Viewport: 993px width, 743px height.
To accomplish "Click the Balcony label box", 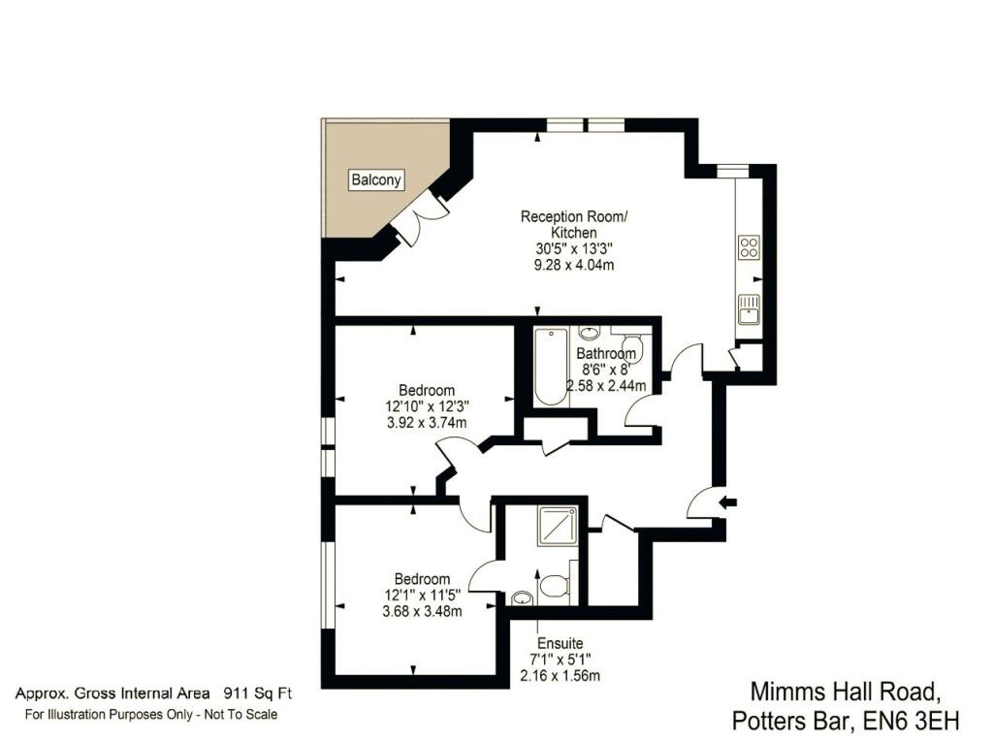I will [x=376, y=179].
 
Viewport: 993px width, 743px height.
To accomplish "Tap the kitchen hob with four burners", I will [x=750, y=247].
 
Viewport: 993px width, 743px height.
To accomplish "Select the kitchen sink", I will [x=750, y=308].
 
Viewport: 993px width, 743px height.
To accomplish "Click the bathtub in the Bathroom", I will [x=550, y=368].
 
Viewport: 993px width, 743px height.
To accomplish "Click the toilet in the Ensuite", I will [x=555, y=585].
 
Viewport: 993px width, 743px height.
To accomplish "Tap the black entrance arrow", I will [x=726, y=501].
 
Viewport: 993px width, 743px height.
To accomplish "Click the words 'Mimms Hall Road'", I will [x=846, y=692].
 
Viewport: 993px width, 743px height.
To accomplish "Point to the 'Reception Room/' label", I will [x=574, y=216].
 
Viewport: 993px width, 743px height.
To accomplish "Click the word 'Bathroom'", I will [x=606, y=353].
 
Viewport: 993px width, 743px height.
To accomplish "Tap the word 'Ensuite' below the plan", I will [x=560, y=643].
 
